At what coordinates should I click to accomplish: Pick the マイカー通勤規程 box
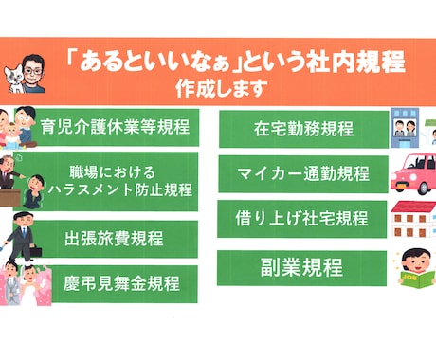click(x=301, y=173)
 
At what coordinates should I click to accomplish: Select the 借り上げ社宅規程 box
click(x=301, y=218)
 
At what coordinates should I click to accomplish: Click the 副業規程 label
click(x=301, y=267)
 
